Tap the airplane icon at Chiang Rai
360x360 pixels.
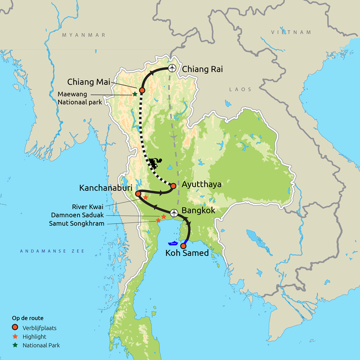171,68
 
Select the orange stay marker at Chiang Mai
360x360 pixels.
142,90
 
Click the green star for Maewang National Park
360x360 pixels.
135,94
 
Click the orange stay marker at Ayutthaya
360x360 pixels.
173,185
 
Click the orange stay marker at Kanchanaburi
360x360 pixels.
139,193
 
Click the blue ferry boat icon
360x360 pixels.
173,244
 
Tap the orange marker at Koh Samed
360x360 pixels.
183,246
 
